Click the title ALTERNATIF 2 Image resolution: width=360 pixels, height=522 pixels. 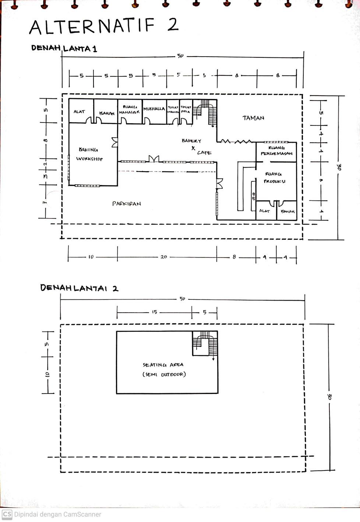point(104,25)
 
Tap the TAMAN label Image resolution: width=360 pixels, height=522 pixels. point(253,118)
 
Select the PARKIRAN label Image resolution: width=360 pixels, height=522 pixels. point(127,203)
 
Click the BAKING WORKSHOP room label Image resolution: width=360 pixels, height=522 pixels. point(89,154)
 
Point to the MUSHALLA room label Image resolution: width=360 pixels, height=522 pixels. point(154,109)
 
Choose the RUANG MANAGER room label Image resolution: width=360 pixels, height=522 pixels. point(130,109)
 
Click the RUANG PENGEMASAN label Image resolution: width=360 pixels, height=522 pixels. point(276,150)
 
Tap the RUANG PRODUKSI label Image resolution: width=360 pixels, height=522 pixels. point(274,178)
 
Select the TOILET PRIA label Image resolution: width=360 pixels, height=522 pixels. point(186,109)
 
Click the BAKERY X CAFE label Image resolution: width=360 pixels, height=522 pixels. point(194,146)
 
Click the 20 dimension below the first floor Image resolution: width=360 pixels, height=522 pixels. point(164,257)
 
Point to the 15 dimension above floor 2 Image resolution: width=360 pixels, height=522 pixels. point(155,312)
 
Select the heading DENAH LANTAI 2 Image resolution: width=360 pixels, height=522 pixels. point(79,288)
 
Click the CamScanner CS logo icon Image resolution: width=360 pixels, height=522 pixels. point(7,514)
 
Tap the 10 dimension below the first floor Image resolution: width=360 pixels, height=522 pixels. point(91,257)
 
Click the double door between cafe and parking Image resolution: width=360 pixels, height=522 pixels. point(153,159)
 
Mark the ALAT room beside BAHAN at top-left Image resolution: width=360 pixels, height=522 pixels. point(79,111)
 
